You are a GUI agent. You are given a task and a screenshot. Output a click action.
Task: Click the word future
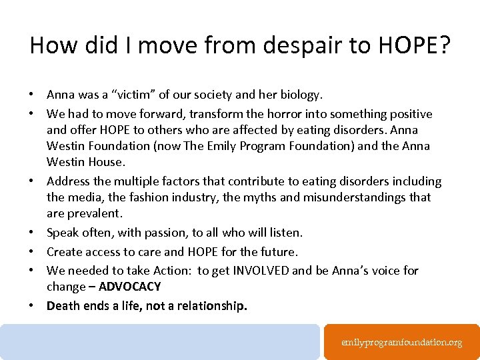(x=277, y=251)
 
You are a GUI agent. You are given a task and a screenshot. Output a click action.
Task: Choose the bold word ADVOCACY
(x=129, y=287)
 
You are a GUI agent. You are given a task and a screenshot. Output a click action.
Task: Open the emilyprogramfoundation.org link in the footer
(x=401, y=342)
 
